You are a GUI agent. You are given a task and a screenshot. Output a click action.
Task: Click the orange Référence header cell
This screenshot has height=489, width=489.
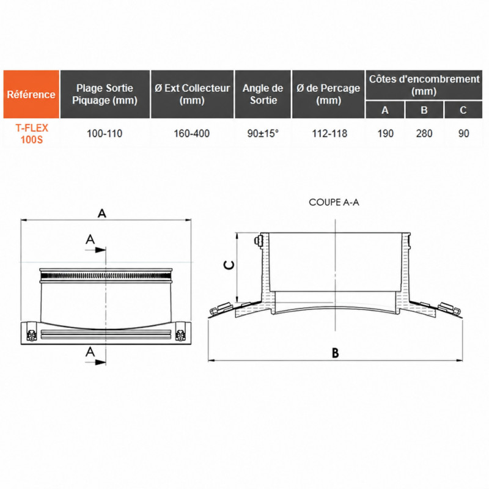(31, 94)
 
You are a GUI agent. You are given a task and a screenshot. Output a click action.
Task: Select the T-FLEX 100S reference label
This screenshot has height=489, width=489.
(32, 133)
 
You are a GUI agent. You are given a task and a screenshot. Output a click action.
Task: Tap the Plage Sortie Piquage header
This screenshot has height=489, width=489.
(105, 94)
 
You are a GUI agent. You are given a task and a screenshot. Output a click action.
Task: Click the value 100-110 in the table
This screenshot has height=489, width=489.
(105, 133)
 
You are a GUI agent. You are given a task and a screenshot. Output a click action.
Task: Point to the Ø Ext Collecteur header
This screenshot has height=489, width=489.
(192, 94)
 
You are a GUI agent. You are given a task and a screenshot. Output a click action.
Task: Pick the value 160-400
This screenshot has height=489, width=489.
(191, 133)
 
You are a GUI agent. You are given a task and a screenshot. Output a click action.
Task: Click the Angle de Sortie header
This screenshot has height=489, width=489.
(263, 94)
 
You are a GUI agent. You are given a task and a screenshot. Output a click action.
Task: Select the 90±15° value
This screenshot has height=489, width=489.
(263, 133)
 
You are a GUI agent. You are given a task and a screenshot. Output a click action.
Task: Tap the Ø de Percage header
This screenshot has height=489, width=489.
(328, 94)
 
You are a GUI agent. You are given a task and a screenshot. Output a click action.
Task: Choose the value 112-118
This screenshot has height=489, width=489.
(329, 133)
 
